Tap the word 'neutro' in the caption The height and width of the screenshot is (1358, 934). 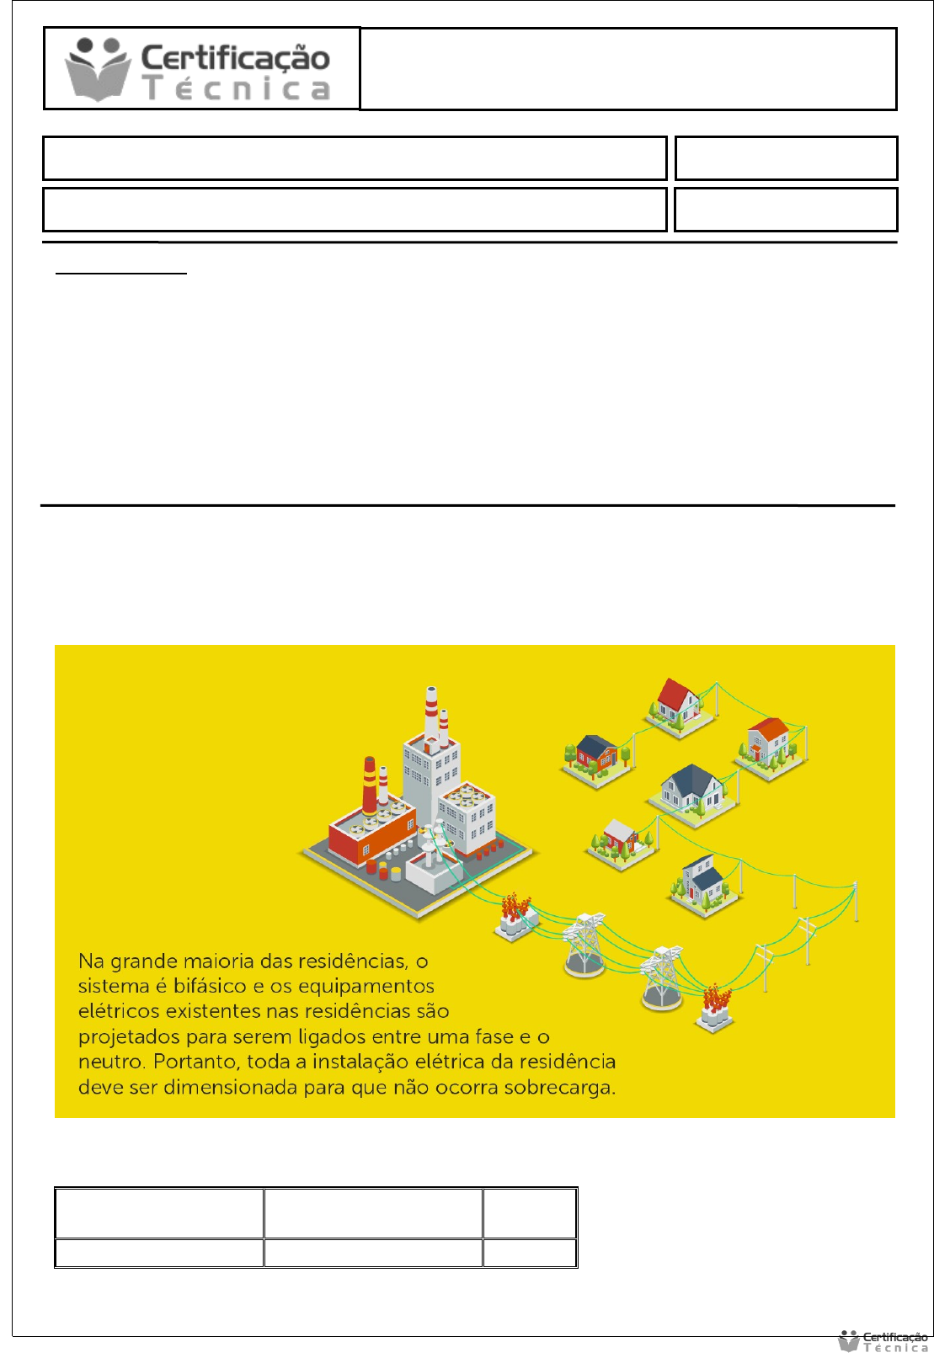(111, 1062)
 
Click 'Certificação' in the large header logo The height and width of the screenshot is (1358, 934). (235, 58)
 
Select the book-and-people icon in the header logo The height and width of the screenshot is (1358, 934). (98, 68)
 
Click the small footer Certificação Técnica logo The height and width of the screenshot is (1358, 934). (883, 1342)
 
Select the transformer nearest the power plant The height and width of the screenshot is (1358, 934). (515, 916)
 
